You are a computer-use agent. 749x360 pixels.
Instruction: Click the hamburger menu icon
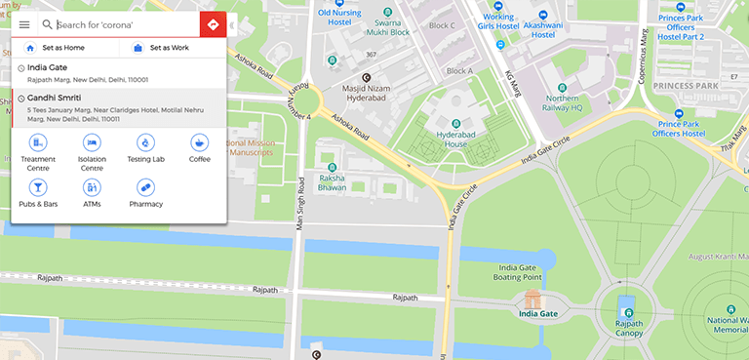click(x=24, y=24)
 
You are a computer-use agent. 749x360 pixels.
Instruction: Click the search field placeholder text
click(x=95, y=24)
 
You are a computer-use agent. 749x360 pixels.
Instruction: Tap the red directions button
click(x=213, y=24)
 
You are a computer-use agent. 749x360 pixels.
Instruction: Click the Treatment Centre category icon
click(x=38, y=143)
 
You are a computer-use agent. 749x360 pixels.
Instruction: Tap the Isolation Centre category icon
click(x=92, y=143)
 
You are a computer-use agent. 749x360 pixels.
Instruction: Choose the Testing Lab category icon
click(x=145, y=143)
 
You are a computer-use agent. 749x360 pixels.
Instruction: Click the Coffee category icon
click(x=199, y=143)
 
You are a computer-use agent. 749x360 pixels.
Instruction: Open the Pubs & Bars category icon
click(x=38, y=186)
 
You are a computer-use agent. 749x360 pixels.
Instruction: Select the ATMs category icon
click(x=92, y=186)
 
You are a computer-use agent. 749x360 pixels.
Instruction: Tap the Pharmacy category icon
click(x=145, y=186)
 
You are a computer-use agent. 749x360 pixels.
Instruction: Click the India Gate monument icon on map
click(x=532, y=298)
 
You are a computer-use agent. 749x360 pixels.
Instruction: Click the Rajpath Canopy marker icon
click(x=627, y=310)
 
